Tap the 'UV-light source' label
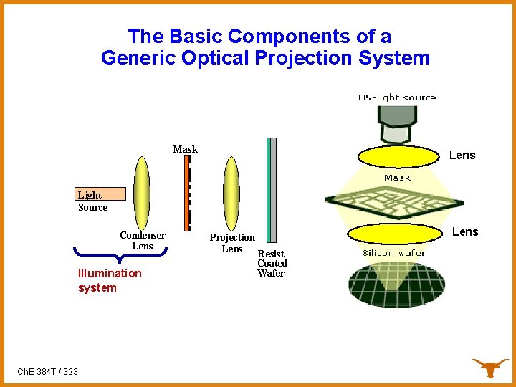pyautogui.click(x=397, y=97)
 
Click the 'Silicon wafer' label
pyautogui.click(x=393, y=252)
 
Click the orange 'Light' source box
pyautogui.click(x=100, y=194)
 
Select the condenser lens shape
pyautogui.click(x=142, y=191)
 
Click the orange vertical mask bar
pyautogui.click(x=187, y=192)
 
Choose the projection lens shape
pyautogui.click(x=231, y=192)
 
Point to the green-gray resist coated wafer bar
pyautogui.click(x=271, y=192)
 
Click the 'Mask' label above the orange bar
pyautogui.click(x=185, y=149)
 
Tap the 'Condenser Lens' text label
pyautogui.click(x=143, y=241)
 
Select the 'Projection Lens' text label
pyautogui.click(x=231, y=243)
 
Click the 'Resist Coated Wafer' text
pyautogui.click(x=272, y=264)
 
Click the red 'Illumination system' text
pyautogui.click(x=110, y=280)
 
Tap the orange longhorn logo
pyautogui.click(x=489, y=367)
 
